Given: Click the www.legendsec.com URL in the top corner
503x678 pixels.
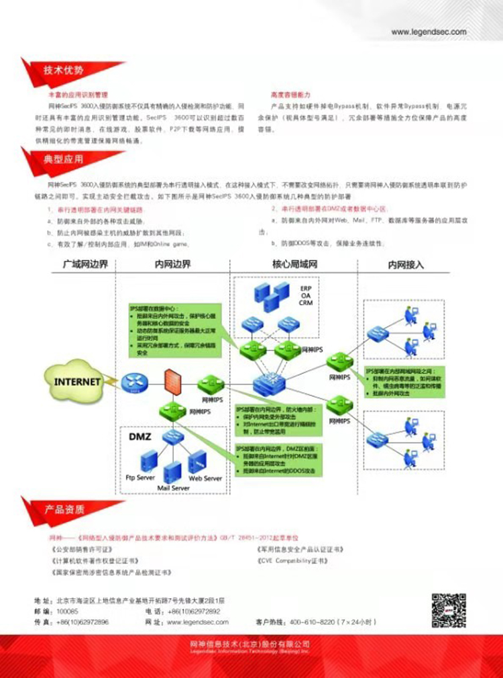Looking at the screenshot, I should [429, 32].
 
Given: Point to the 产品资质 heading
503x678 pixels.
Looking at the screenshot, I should [64, 510].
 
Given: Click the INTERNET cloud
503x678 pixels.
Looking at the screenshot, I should [77, 381].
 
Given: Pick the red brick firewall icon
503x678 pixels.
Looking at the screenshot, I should [168, 383].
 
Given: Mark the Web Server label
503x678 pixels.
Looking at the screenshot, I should [205, 478].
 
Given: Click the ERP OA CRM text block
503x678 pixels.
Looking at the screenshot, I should [306, 295].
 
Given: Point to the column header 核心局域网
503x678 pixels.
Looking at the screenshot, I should [294, 264].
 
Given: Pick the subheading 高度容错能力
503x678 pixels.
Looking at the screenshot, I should [290, 95].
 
